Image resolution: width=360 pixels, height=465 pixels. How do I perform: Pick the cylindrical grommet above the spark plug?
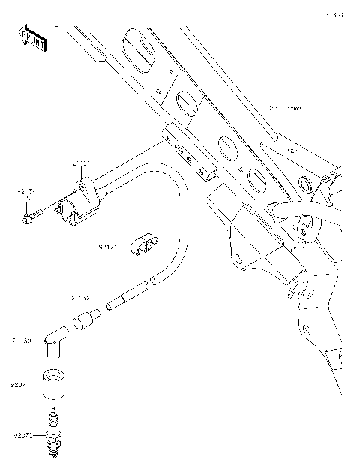53,383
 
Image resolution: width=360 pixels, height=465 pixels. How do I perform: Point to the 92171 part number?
109,244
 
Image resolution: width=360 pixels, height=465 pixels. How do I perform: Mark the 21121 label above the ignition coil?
81,163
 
